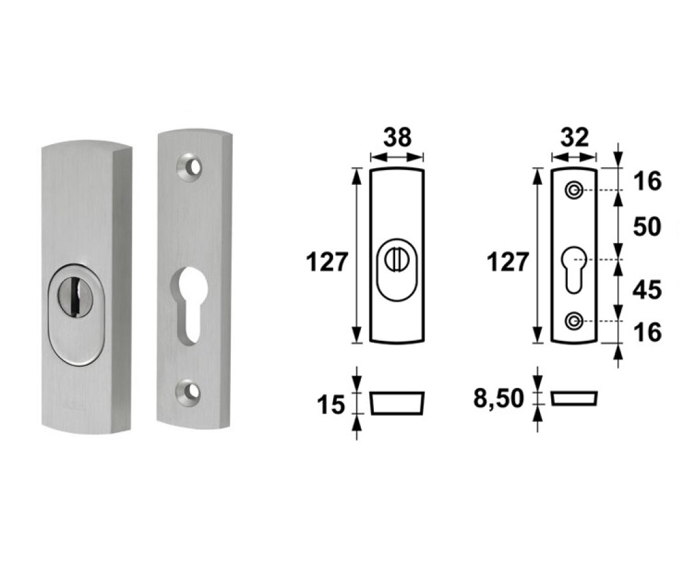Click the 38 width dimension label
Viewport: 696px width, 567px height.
coord(397,137)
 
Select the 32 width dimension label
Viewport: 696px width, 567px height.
coord(574,137)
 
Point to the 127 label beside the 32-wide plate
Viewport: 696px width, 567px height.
coord(508,262)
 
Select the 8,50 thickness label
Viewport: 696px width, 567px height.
coord(500,399)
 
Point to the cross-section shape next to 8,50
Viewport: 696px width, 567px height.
coord(575,398)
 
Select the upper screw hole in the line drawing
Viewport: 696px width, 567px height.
coord(574,190)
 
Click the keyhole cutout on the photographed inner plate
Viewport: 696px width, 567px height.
coord(190,303)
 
